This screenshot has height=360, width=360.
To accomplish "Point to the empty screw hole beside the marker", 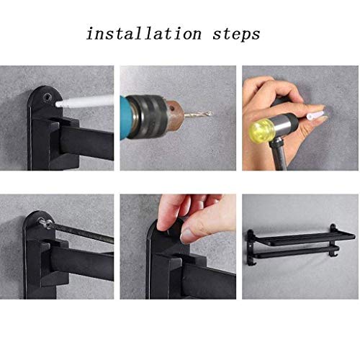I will [47, 94].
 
